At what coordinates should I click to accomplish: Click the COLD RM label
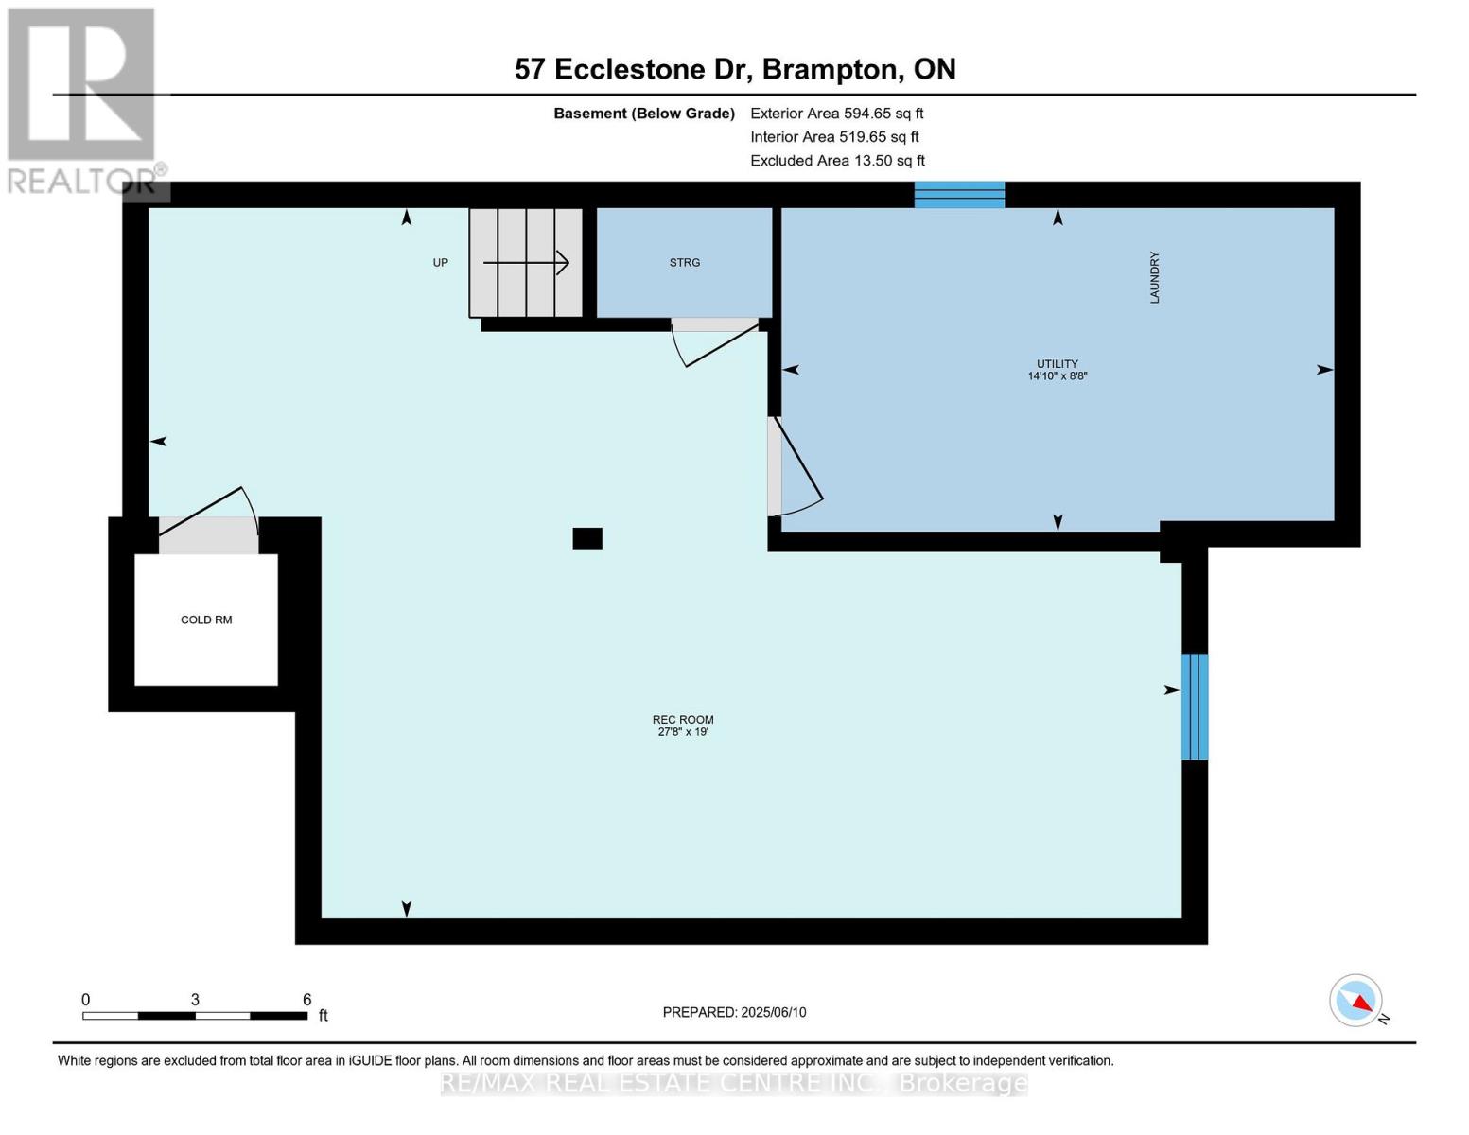coord(206,620)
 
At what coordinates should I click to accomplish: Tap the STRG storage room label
coord(685,262)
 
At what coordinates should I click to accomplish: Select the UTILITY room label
coord(1058,364)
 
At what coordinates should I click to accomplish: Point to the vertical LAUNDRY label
coord(1155,278)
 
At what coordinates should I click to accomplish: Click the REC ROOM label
coord(683,720)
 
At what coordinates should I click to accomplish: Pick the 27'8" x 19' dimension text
coord(683,732)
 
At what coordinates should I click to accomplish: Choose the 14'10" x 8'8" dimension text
coord(1058,375)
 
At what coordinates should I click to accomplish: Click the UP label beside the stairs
coord(440,262)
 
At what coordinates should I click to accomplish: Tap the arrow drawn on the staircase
coord(525,262)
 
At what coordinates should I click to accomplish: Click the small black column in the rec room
coord(587,538)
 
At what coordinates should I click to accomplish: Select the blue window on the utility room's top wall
coord(959,195)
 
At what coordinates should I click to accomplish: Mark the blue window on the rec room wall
coord(1195,707)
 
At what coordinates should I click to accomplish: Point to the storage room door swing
coord(714,343)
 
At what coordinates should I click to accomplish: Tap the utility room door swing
coord(795,466)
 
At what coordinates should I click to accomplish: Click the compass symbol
coord(1355,1001)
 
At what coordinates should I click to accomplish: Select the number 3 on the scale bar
coord(195,1000)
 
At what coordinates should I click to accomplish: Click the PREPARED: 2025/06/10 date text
coord(734,1012)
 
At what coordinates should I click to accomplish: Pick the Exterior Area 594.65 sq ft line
coord(837,113)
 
